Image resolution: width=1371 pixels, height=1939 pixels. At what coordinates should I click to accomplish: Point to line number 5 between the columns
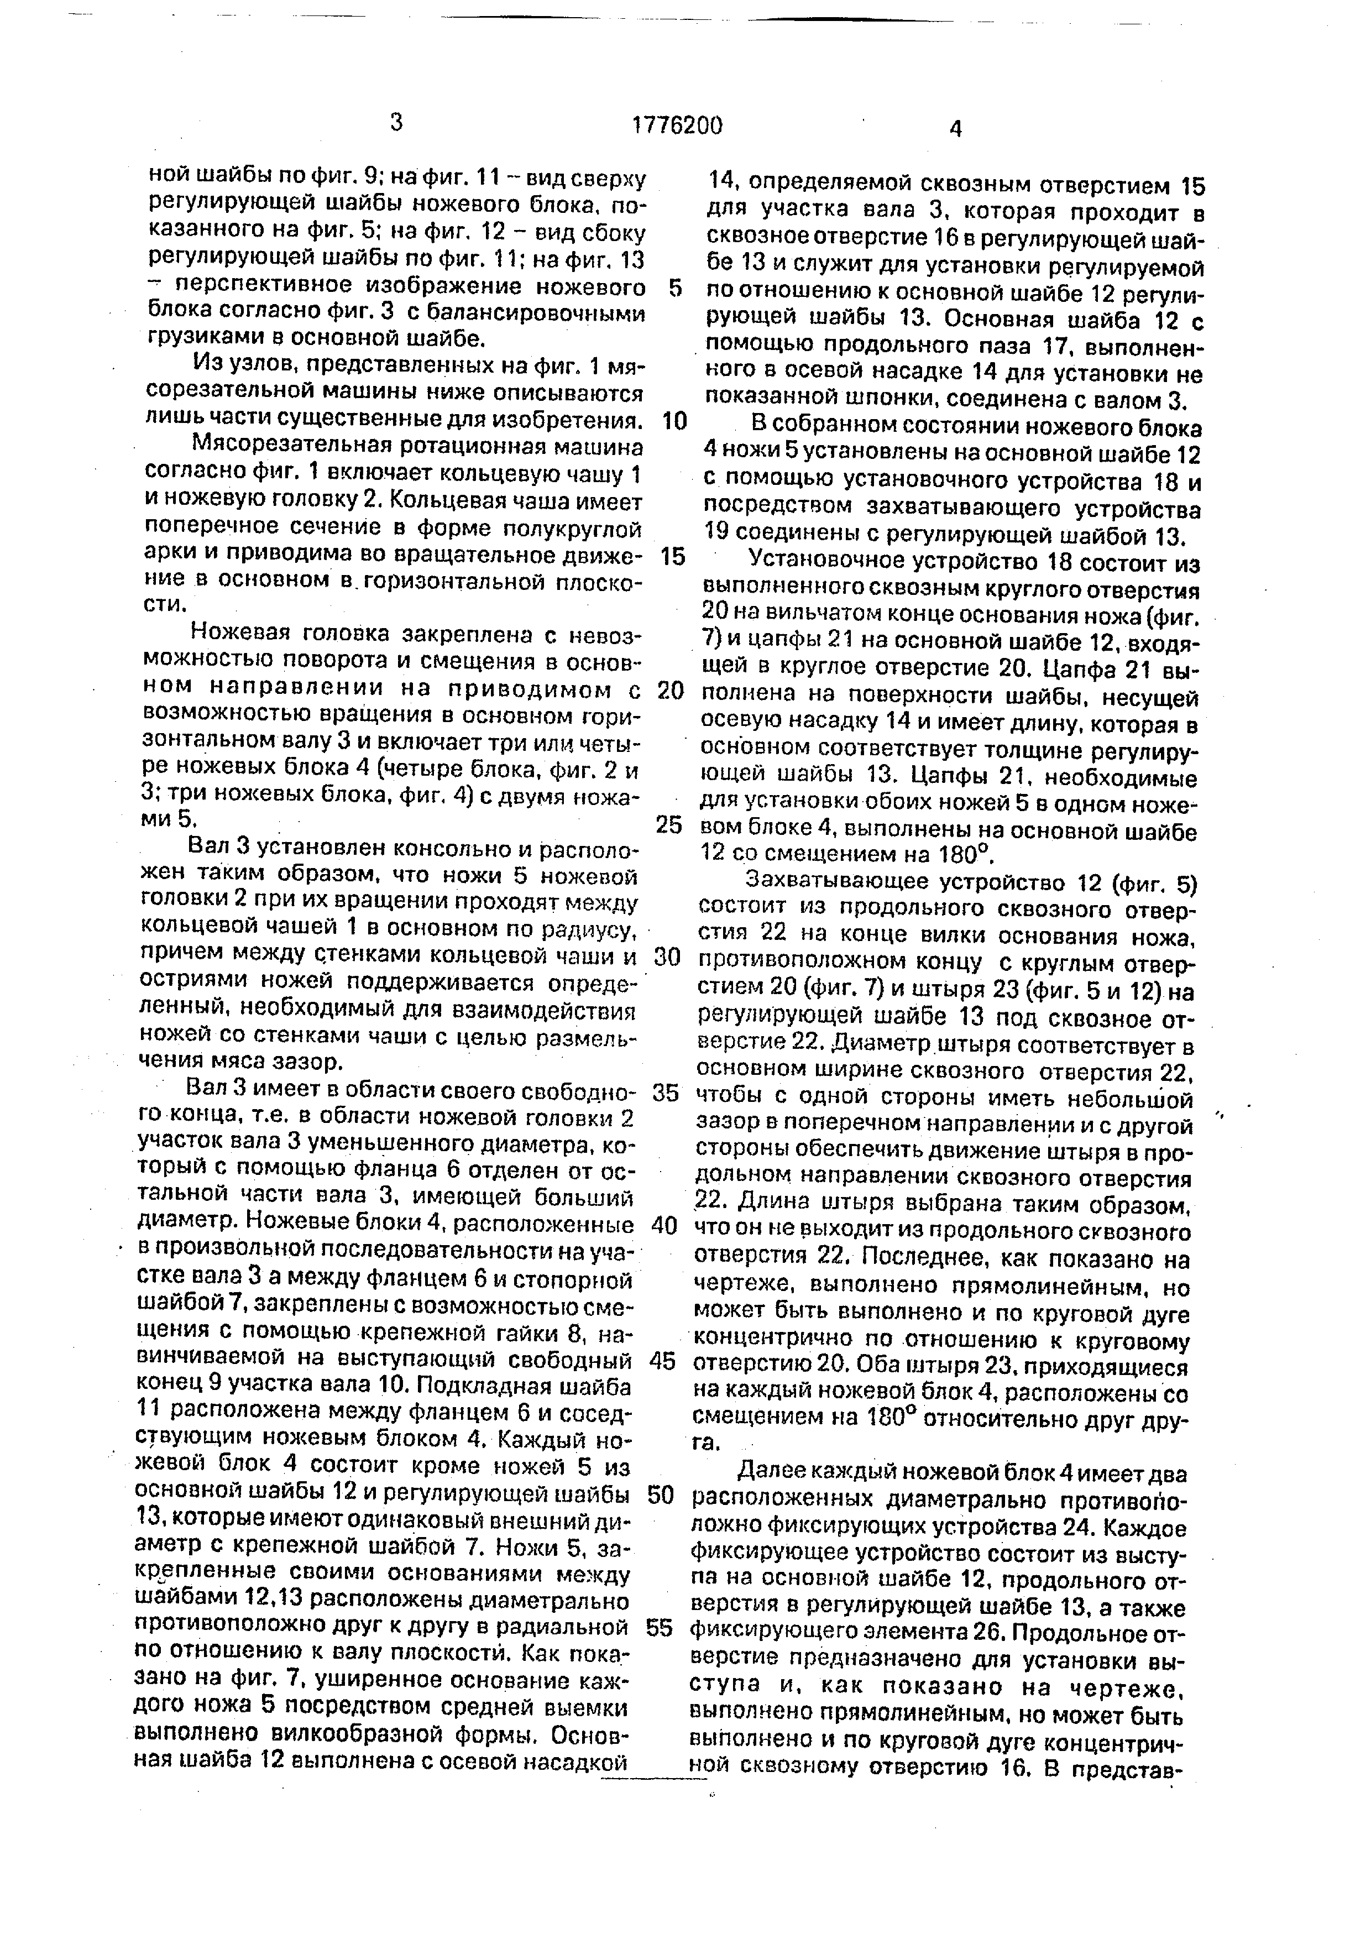[x=674, y=288]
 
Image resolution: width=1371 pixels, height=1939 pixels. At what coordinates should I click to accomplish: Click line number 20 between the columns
[x=669, y=690]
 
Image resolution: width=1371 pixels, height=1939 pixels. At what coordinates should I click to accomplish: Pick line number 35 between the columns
[x=665, y=1093]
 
